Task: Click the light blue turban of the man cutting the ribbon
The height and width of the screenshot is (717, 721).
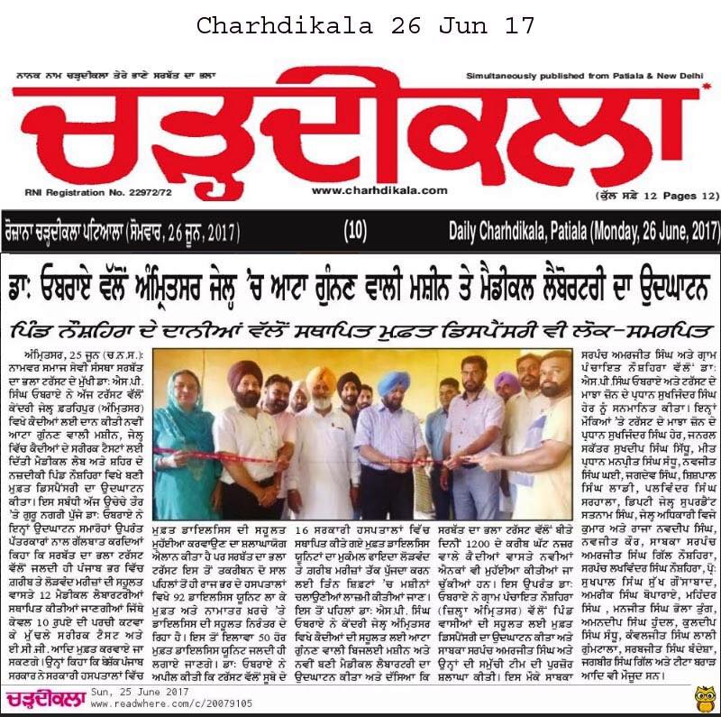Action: (393, 381)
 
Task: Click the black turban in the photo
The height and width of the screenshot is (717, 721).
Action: (348, 380)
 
